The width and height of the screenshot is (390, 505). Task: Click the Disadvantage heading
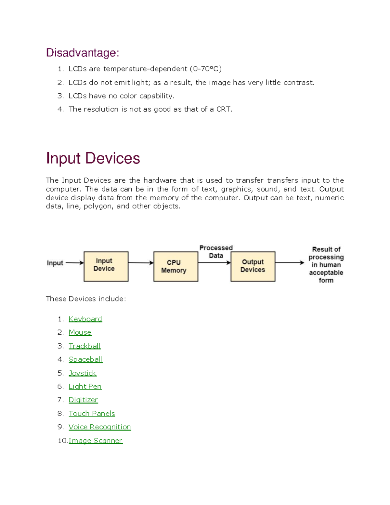pos(83,53)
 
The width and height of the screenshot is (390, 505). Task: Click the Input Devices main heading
pos(93,158)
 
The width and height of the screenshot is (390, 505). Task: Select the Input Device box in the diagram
pos(106,266)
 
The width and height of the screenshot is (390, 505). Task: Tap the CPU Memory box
pos(175,266)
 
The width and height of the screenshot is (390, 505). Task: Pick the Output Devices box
pos(253,266)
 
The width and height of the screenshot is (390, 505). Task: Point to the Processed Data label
pos(216,252)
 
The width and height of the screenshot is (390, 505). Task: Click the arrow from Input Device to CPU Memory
pos(141,263)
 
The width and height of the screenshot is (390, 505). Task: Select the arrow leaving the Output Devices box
pos(289,263)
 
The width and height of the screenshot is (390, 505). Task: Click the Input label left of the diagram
pos(55,263)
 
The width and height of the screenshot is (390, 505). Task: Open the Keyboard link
pos(85,319)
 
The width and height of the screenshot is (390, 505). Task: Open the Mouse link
pos(80,332)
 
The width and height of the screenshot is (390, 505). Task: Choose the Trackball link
pos(84,346)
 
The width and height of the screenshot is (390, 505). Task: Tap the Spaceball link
pos(85,359)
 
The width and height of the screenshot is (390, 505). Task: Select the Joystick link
pos(83,373)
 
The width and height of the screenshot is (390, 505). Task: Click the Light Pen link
pos(85,386)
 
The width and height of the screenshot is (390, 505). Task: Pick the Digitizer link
pos(83,400)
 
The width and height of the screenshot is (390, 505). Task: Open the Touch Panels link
pos(92,414)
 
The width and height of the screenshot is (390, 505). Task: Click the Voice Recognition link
pos(100,427)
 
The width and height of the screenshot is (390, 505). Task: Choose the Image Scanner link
pos(96,441)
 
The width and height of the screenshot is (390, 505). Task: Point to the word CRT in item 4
pos(224,109)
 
